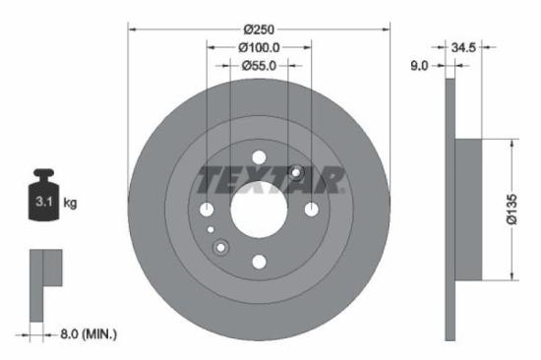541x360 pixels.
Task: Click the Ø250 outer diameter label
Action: coord(260,27)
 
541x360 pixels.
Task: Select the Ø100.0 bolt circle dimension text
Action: coord(260,46)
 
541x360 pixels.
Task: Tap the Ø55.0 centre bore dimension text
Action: coord(260,65)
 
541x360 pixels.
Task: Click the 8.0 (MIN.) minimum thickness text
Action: coord(83,335)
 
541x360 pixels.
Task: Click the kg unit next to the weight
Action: coord(70,203)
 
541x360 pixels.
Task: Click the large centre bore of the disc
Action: coord(259,209)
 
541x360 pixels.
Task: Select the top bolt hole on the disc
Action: coord(259,156)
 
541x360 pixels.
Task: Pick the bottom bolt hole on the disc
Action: coord(259,261)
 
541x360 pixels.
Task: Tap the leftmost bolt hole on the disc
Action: coord(207,209)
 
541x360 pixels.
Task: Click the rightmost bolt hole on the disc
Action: coord(311,209)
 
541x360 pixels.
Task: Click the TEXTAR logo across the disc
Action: coord(270,180)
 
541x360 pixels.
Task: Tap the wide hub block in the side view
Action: coord(471,209)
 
